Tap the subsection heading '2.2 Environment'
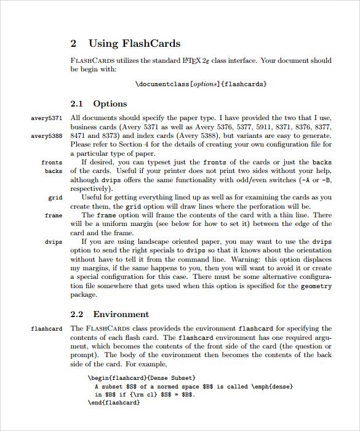point(110,314)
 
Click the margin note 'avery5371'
point(47,118)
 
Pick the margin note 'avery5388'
point(47,135)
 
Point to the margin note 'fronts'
point(52,163)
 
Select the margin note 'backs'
point(54,171)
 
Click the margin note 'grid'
point(55,198)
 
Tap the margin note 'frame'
point(54,216)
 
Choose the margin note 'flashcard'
point(47,329)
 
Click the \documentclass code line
point(201,84)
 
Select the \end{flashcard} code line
point(114,403)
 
